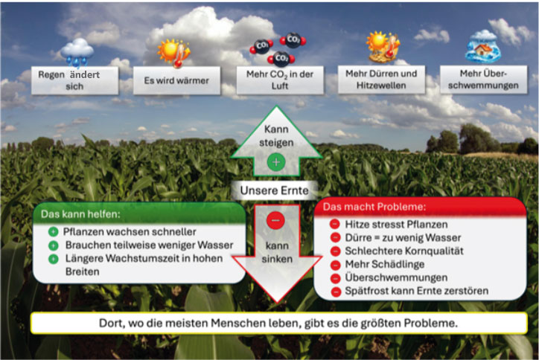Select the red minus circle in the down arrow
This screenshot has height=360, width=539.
pos(275,221)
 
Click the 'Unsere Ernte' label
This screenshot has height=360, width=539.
pos(274,190)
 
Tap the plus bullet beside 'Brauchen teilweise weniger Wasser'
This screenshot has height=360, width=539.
pos(53,245)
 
